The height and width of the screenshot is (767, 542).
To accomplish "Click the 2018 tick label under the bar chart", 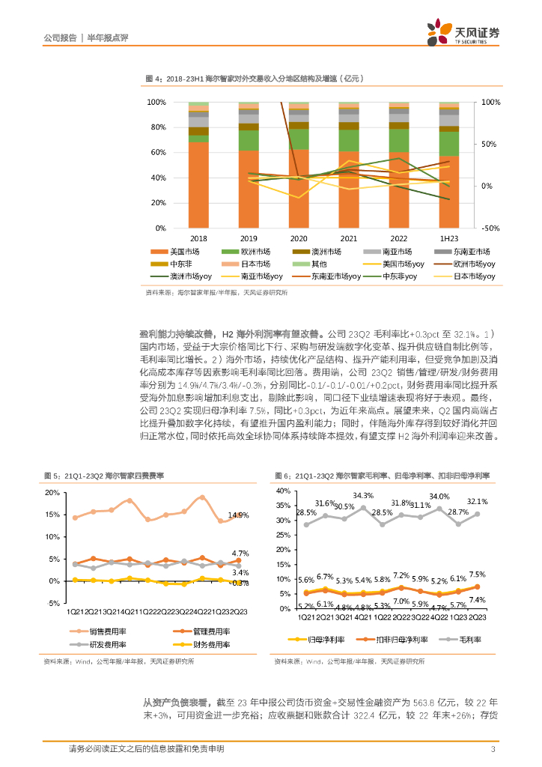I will [x=198, y=237].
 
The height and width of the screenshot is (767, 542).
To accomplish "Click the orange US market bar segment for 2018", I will [x=198, y=184].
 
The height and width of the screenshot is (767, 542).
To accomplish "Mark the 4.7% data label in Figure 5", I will [x=240, y=552].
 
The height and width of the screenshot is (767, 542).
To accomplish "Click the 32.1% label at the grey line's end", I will [x=477, y=502].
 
